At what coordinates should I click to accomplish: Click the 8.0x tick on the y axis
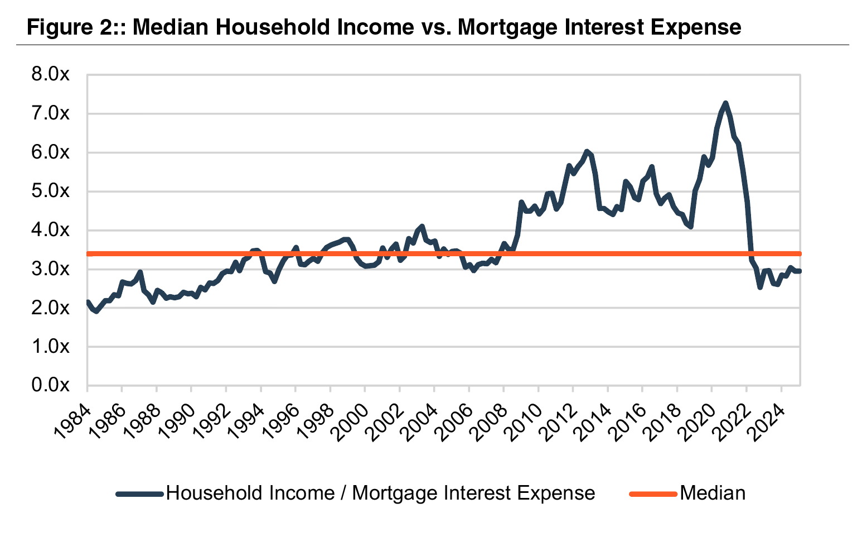point(50,75)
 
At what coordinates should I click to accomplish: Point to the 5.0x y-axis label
point(50,191)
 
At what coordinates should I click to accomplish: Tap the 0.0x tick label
point(50,385)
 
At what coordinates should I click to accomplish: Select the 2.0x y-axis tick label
point(50,308)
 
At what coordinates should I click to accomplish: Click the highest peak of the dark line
point(725,103)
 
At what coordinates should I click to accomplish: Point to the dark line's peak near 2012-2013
point(586,151)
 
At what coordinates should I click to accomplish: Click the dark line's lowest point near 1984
point(96,311)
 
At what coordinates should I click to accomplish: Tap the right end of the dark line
point(800,271)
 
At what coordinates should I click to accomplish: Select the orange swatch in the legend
point(653,493)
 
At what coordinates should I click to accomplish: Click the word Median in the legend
point(713,493)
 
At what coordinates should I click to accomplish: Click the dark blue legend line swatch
point(139,493)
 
